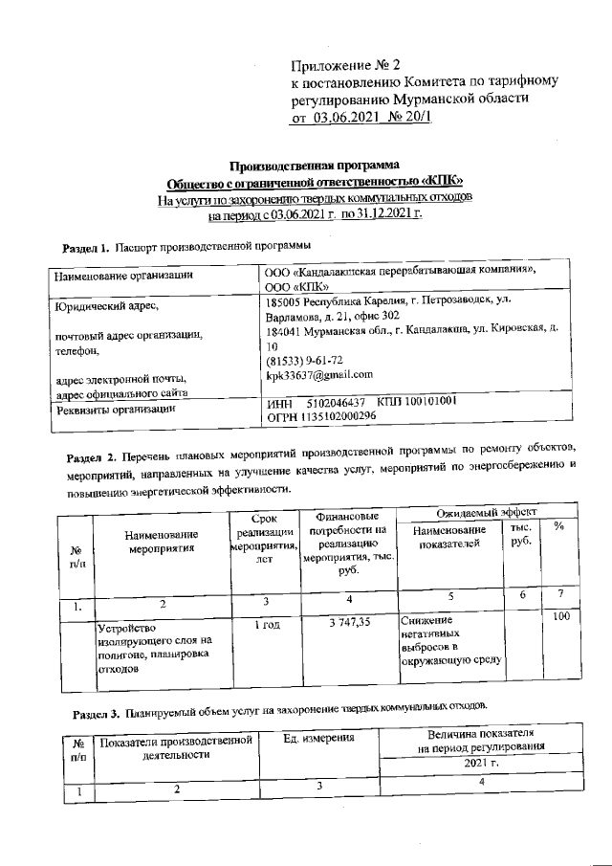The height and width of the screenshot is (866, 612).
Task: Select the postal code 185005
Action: click(286, 300)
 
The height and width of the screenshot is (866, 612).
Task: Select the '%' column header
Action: click(558, 527)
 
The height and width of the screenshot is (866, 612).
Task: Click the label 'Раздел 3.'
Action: click(99, 713)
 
